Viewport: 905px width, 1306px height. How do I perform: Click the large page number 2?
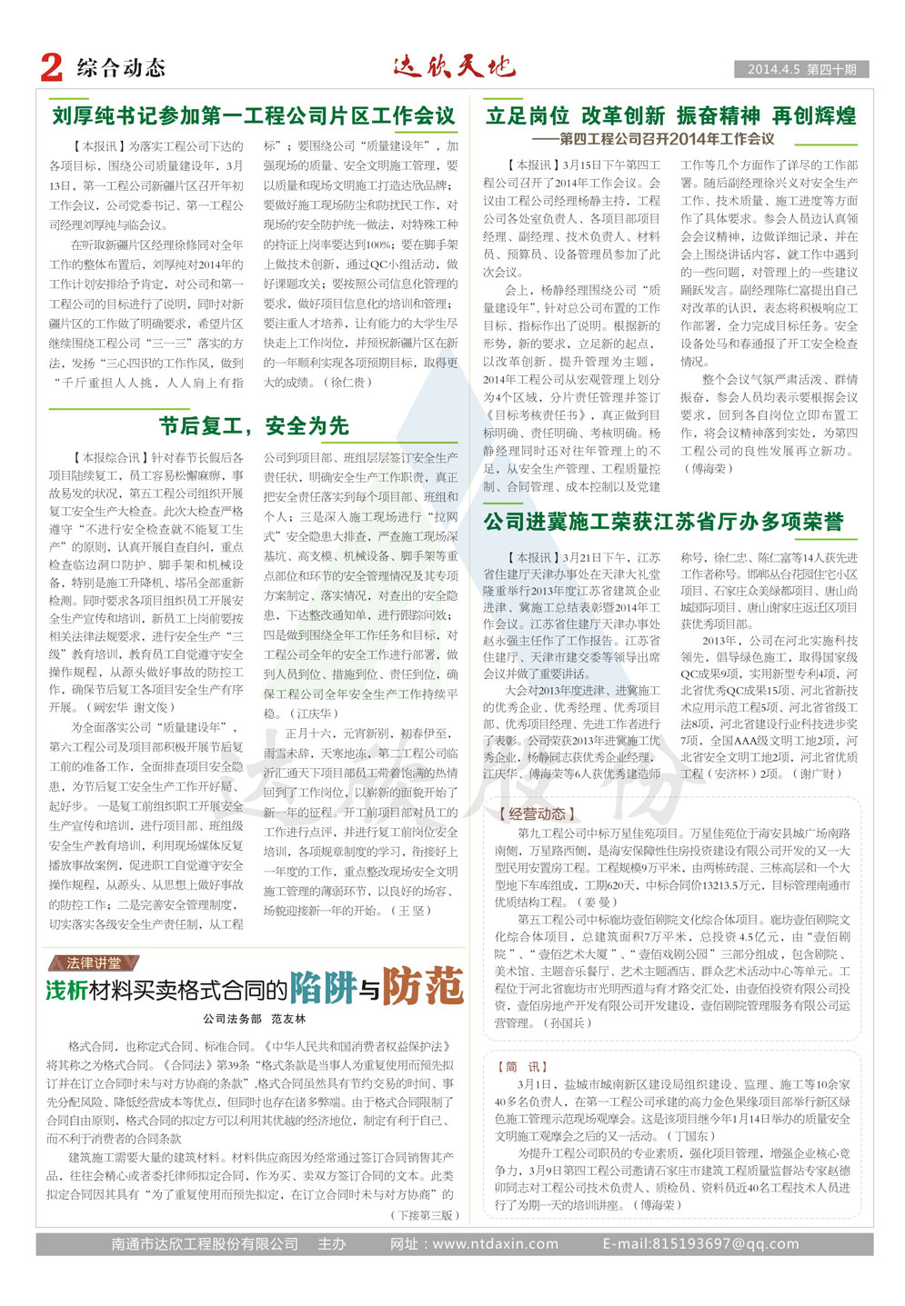(52, 67)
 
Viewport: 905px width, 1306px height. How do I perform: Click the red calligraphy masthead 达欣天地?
(454, 66)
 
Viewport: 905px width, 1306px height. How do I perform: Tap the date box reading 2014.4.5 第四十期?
(801, 69)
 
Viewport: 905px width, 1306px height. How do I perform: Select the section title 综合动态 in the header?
(121, 68)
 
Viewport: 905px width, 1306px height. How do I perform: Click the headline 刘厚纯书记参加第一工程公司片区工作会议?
(253, 116)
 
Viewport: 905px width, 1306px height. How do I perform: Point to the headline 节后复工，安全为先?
(254, 425)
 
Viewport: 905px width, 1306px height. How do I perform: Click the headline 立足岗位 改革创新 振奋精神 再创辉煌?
(670, 116)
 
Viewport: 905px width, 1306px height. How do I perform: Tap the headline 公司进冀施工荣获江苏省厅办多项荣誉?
(664, 522)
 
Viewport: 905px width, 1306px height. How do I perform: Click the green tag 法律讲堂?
(94, 962)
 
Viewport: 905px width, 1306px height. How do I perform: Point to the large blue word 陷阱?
(322, 988)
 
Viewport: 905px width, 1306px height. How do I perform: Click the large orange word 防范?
(423, 987)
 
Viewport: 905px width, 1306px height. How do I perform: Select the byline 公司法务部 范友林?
(254, 1019)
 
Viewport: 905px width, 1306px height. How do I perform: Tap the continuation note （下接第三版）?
(426, 1214)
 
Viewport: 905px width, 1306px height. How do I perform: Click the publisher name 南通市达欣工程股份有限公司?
(205, 1243)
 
